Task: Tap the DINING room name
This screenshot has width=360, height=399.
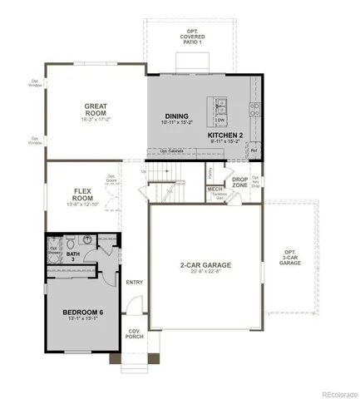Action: click(176, 116)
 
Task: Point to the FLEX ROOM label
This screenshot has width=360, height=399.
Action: click(81, 195)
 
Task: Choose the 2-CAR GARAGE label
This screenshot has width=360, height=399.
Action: click(205, 265)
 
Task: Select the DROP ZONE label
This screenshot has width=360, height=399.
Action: click(239, 180)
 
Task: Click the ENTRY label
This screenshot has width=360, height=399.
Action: click(135, 282)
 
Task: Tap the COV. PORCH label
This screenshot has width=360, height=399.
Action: click(134, 334)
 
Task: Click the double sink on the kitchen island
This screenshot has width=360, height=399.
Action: click(221, 105)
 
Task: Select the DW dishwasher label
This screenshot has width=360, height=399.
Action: click(221, 120)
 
